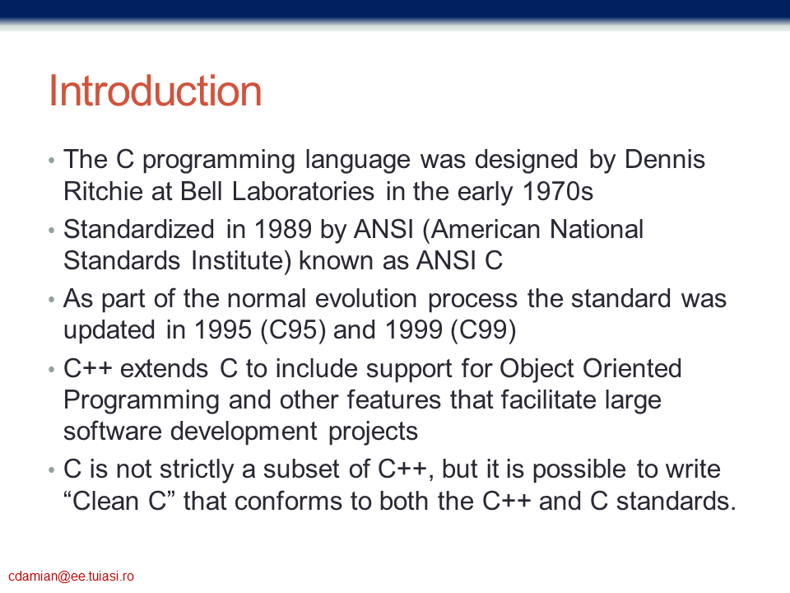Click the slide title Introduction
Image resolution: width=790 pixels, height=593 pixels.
tap(156, 91)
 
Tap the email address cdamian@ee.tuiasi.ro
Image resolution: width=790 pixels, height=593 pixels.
tap(71, 577)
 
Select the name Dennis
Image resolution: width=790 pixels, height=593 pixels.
tap(665, 159)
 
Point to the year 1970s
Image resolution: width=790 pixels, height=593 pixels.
tap(558, 191)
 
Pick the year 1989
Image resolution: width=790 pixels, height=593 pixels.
tap(283, 229)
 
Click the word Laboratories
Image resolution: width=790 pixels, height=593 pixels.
tap(303, 191)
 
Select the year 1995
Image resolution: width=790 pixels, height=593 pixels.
tap(223, 329)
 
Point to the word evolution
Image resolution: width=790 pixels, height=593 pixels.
tap(366, 298)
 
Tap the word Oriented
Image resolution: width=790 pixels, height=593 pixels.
tap(632, 368)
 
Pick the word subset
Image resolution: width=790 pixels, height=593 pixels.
tap(301, 469)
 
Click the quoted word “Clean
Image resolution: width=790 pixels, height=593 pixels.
tap(101, 501)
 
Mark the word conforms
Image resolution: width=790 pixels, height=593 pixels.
tap(288, 501)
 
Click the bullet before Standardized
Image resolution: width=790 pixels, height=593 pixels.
tap(51, 231)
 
